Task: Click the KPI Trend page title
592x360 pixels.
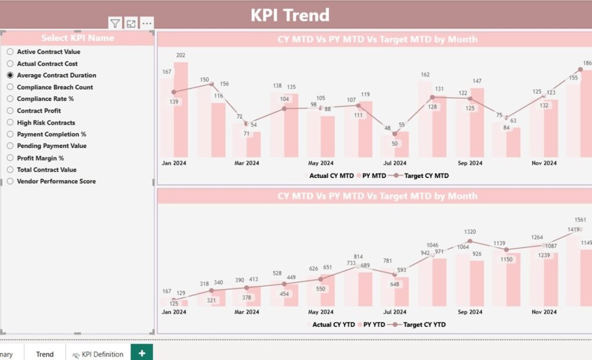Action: point(290,15)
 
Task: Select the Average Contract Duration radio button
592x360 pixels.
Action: point(10,75)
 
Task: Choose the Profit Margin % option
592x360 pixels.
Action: point(10,158)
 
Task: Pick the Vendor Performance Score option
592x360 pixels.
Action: point(10,181)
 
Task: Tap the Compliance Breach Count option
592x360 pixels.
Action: point(10,87)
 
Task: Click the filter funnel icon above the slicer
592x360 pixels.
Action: point(115,24)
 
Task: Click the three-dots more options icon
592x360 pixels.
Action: point(147,24)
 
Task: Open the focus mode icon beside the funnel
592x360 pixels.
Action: point(131,24)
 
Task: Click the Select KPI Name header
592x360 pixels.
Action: point(77,38)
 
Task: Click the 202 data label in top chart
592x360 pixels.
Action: point(180,55)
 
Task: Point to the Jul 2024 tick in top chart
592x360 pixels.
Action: point(395,163)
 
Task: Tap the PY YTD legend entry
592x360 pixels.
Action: point(372,325)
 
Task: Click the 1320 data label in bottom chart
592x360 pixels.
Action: point(470,232)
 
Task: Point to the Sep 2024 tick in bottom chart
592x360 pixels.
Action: point(469,312)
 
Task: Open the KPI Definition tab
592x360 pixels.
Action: point(98,354)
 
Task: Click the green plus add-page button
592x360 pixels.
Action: point(142,352)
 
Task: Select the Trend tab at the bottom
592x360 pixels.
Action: point(45,354)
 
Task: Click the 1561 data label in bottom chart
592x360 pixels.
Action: point(580,220)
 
